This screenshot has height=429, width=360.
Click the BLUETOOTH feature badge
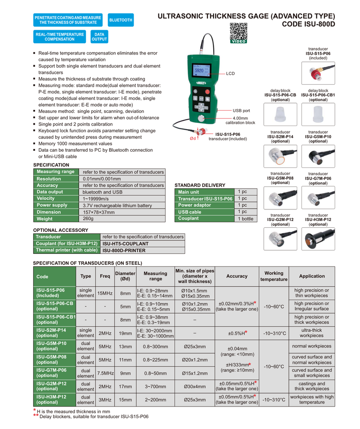pyautogui.click(x=121, y=20)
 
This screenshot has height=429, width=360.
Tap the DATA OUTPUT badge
pyautogui.click(x=99, y=36)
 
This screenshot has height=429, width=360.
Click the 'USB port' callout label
pyautogui.click(x=241, y=110)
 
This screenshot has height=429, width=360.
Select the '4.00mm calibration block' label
pyautogui.click(x=240, y=120)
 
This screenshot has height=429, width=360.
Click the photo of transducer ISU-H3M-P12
pyautogui.click(x=318, y=239)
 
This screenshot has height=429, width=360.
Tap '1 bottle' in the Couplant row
pyautogui.click(x=246, y=219)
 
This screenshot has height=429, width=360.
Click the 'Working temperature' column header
pyautogui.click(x=274, y=276)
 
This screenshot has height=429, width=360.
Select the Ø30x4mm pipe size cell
pyautogui.click(x=194, y=386)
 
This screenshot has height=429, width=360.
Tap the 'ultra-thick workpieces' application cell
pyautogui.click(x=311, y=333)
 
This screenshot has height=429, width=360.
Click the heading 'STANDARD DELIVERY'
pyautogui.click(x=200, y=185)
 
